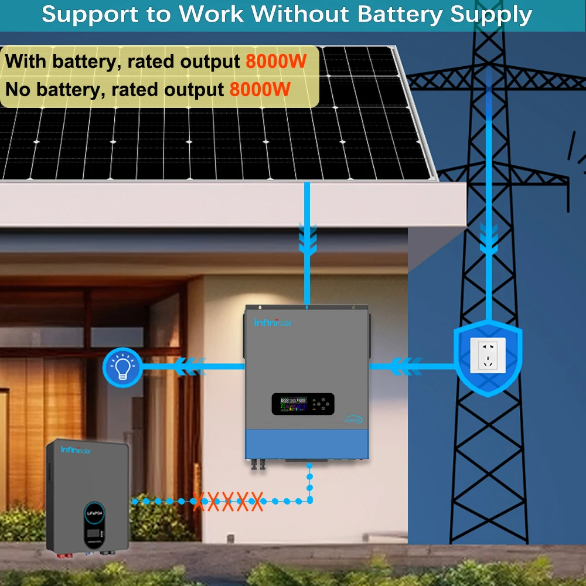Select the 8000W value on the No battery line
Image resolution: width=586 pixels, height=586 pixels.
tap(260, 90)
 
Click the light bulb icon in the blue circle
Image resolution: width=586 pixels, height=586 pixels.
tap(122, 367)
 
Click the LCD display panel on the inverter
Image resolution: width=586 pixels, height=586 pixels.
tap(302, 404)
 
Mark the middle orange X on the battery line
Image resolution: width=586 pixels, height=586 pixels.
tap(227, 501)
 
